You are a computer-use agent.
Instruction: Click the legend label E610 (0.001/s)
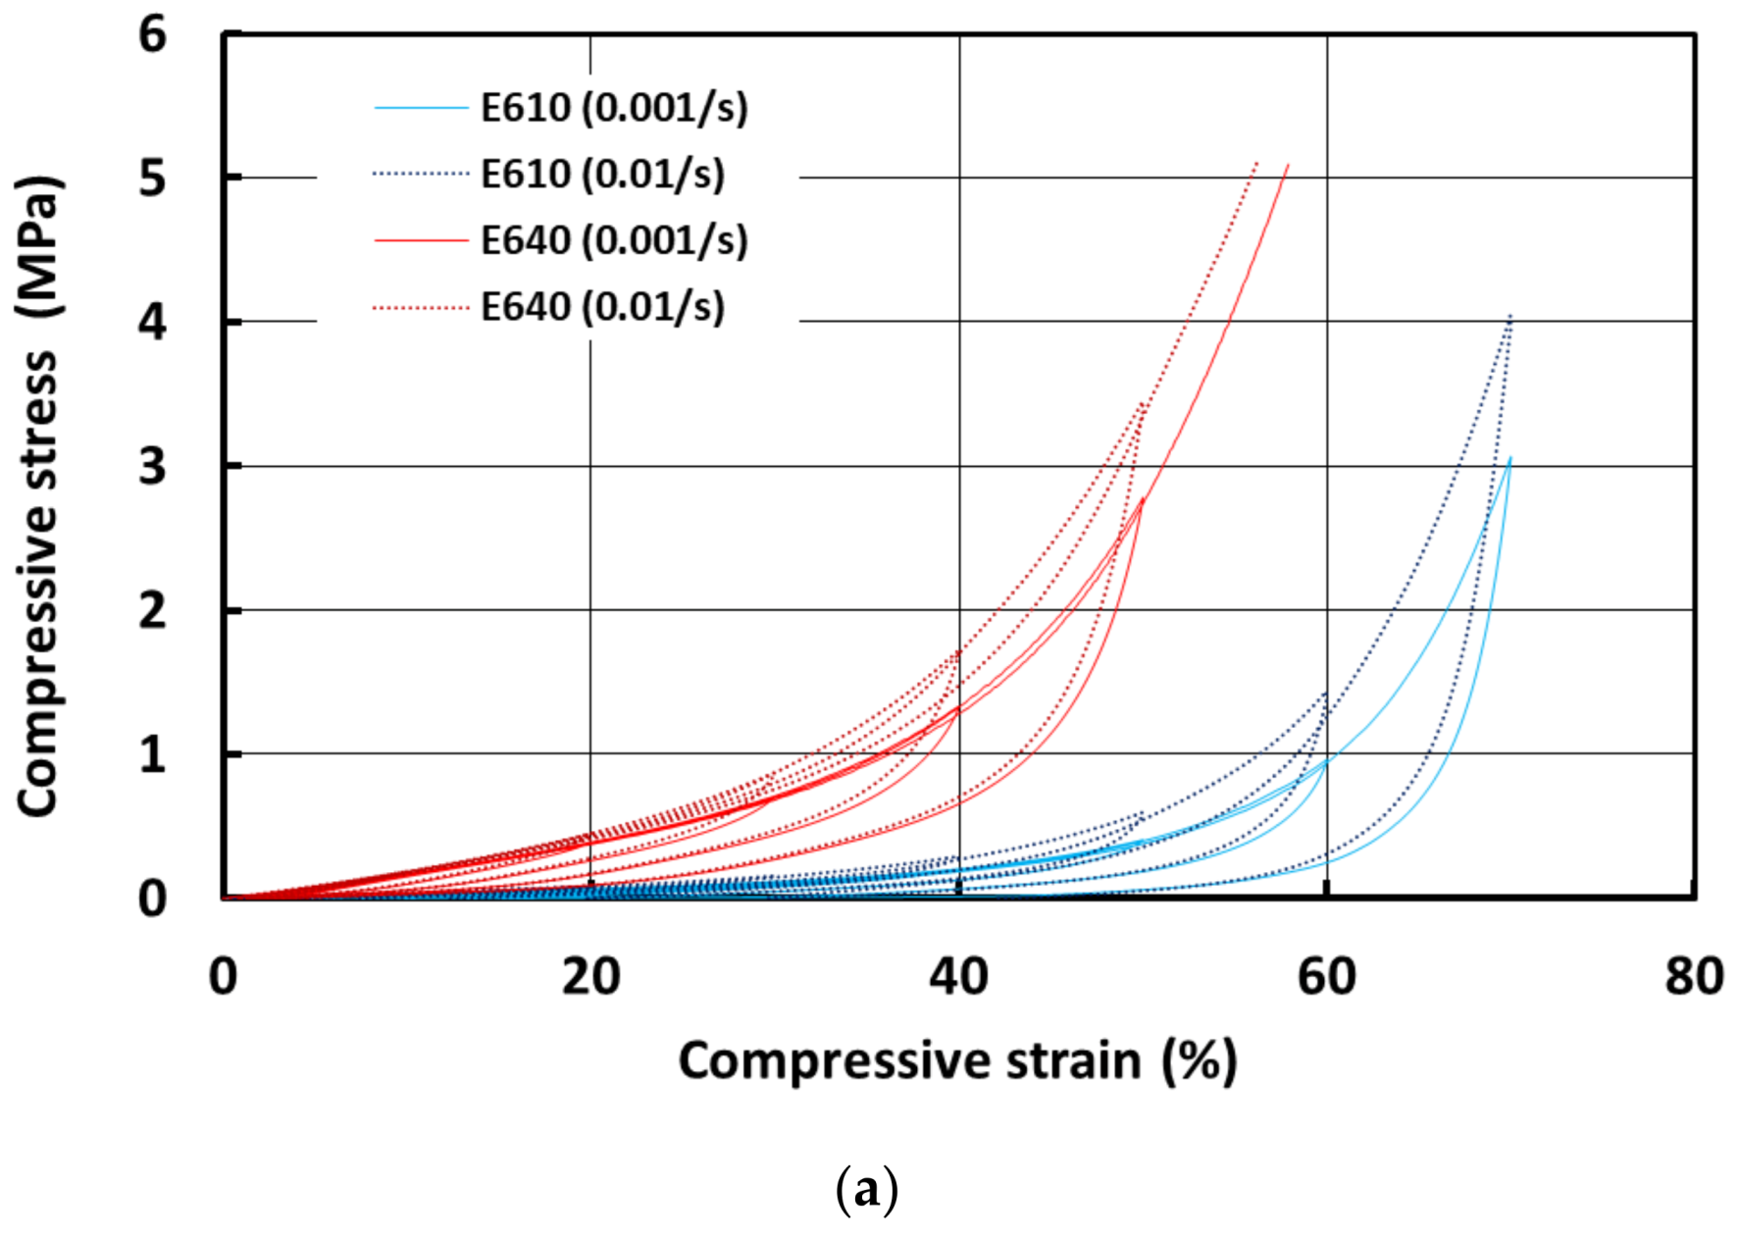coord(614,108)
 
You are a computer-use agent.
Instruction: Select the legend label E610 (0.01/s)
coord(602,175)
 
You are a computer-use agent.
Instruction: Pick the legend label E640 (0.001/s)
coord(614,240)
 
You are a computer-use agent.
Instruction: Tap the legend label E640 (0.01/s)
coord(602,307)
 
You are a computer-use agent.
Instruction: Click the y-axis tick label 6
coord(153,35)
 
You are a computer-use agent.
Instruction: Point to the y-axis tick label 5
coord(153,179)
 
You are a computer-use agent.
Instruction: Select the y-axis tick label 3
coord(153,466)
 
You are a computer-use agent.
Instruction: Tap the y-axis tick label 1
coord(153,755)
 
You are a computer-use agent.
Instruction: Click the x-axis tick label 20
coord(590,977)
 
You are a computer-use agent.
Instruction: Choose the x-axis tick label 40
coord(958,977)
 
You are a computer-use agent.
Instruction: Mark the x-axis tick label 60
coord(1326,977)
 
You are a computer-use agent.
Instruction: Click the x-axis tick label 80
coord(1694,977)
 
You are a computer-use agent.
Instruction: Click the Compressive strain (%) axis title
coord(957,1061)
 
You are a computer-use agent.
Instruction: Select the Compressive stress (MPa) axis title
coord(39,495)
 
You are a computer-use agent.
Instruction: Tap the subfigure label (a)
coord(866,1190)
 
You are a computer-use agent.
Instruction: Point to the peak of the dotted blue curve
coord(1510,316)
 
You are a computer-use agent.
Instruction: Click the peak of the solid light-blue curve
coord(1510,458)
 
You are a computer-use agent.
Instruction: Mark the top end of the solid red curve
coord(1288,165)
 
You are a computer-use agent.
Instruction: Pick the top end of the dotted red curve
coord(1256,163)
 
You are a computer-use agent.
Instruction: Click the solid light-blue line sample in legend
coord(421,107)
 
